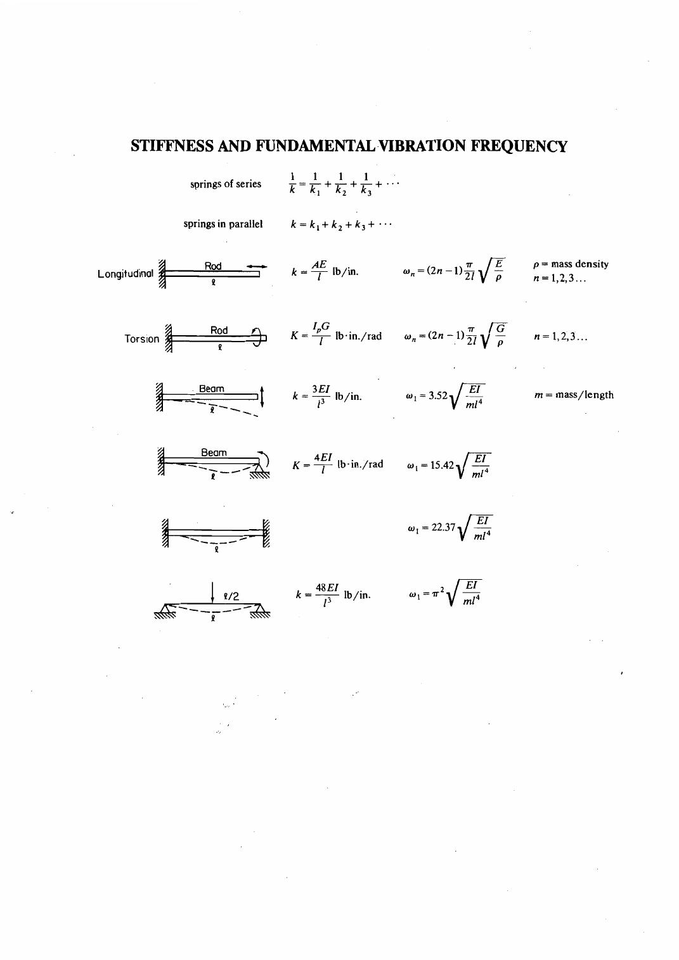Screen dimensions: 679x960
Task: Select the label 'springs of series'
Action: point(226,184)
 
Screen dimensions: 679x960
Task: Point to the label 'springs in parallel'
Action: point(223,224)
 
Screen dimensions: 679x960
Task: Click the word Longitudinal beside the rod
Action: point(125,274)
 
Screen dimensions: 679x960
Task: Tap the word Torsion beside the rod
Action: point(141,339)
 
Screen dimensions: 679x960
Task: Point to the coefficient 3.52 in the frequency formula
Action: point(438,395)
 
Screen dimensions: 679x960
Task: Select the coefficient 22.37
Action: point(444,527)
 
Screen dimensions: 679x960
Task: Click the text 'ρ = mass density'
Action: point(571,264)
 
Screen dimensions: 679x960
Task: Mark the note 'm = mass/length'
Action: point(574,395)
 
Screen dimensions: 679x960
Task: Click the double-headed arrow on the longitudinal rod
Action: point(257,267)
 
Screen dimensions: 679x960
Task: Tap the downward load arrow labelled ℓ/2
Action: point(212,592)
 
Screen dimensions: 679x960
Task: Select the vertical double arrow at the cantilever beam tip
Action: point(262,397)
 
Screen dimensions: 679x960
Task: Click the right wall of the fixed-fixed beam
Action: point(266,533)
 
